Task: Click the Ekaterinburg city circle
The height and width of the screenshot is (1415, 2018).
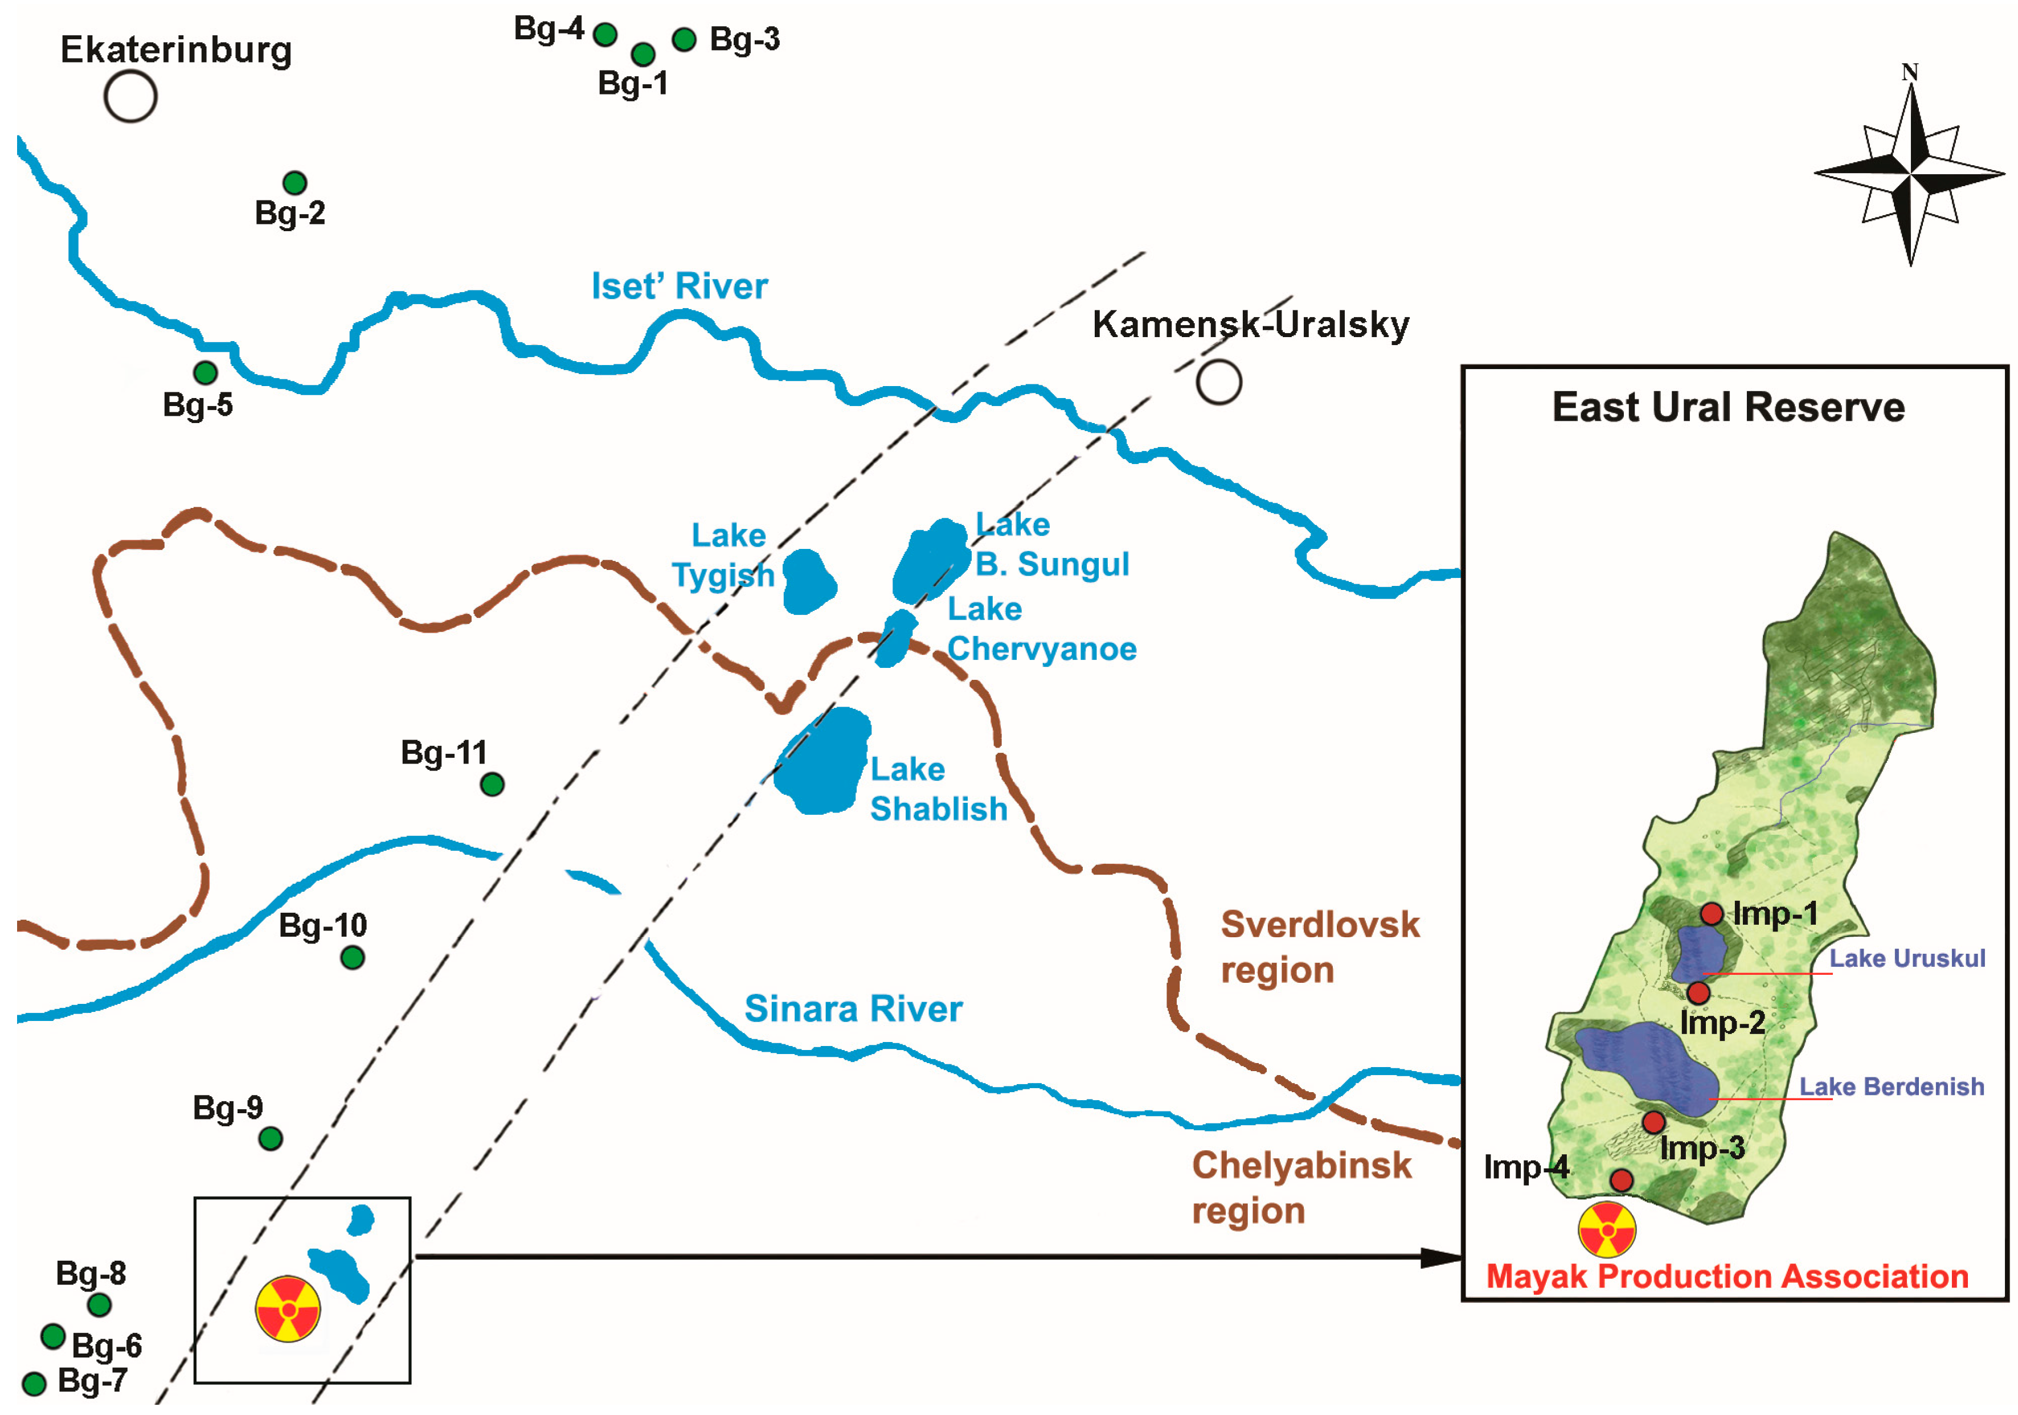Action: coord(130,96)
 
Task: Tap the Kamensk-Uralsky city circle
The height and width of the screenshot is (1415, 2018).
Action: coord(1218,382)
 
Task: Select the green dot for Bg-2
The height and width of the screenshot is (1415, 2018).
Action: coord(294,183)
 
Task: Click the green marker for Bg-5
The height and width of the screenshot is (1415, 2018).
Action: coord(206,372)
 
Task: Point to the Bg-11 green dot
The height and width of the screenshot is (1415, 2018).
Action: coord(492,784)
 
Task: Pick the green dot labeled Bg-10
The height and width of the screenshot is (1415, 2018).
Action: coord(353,957)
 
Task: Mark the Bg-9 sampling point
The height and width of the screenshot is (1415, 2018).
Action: coord(271,1139)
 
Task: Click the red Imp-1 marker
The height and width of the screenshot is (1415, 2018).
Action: coord(1710,914)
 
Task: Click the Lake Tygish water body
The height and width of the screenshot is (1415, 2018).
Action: coord(809,580)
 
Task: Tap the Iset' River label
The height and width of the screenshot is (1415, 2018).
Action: coord(680,286)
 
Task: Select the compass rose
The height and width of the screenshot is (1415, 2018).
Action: coord(1909,173)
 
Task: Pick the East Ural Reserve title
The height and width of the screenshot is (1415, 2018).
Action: coord(1728,408)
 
